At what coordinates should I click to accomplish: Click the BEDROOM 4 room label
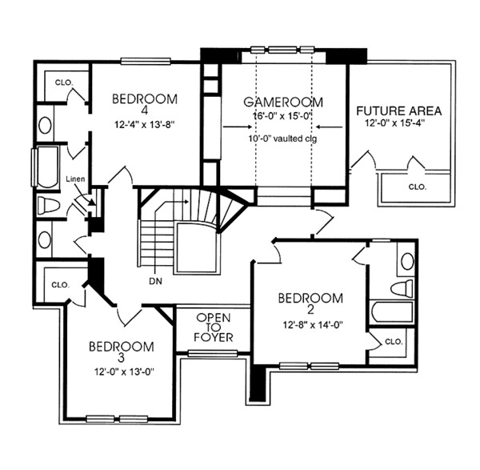pyautogui.click(x=144, y=104)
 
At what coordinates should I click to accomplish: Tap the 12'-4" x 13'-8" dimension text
pyautogui.click(x=144, y=126)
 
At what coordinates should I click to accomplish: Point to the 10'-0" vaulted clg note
pyautogui.click(x=283, y=138)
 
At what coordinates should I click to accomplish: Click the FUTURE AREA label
pyautogui.click(x=399, y=110)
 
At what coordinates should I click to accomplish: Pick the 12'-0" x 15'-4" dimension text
pyautogui.click(x=399, y=125)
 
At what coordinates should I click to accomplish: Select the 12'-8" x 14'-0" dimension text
pyautogui.click(x=310, y=324)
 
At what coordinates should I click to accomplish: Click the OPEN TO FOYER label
pyautogui.click(x=214, y=327)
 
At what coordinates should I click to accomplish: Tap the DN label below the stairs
pyautogui.click(x=157, y=281)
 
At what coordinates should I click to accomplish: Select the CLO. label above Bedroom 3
pyautogui.click(x=61, y=284)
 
